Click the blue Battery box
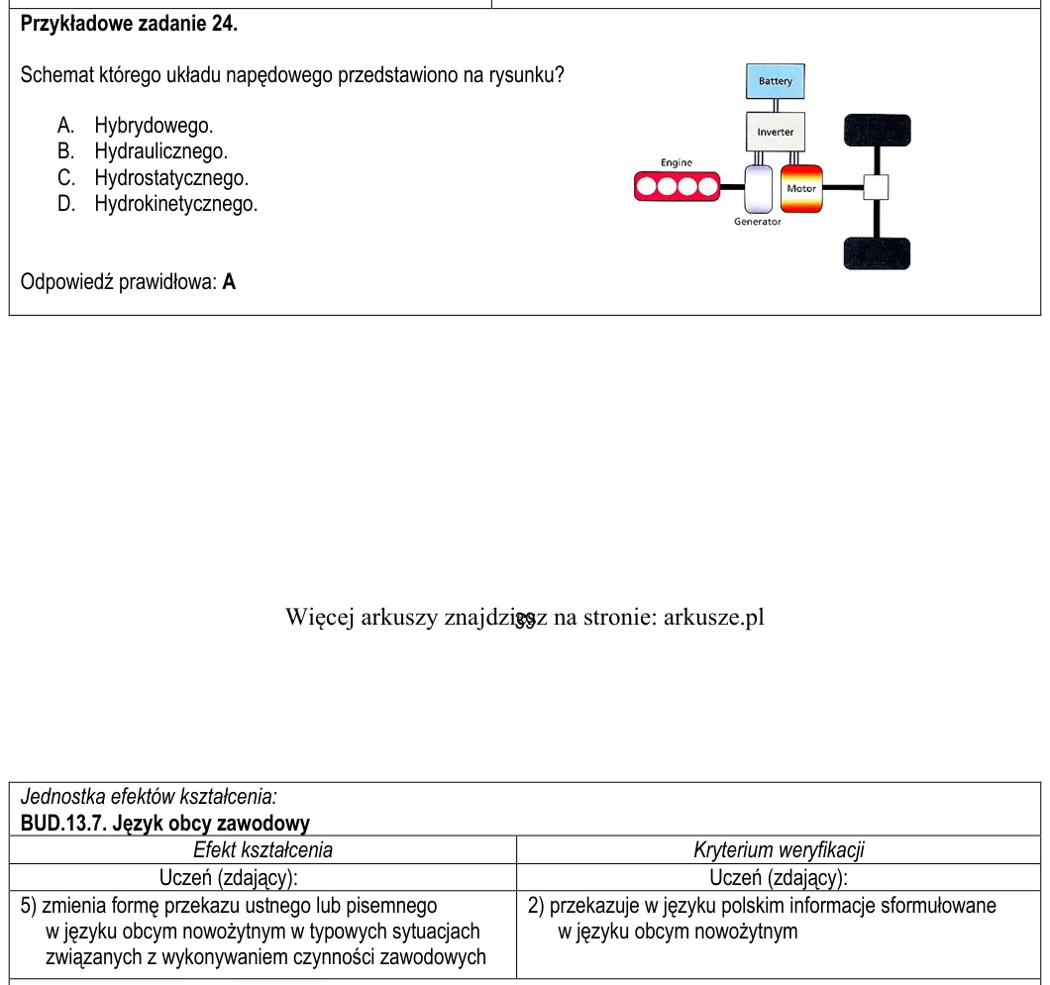(776, 81)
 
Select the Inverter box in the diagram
(776, 132)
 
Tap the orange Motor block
(801, 189)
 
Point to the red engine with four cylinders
(677, 187)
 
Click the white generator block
(759, 189)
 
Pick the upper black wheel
(878, 130)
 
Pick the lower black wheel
(878, 253)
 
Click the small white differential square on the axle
(876, 187)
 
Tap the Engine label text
(677, 162)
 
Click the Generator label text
(758, 222)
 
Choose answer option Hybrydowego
(154, 125)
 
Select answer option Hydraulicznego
(160, 151)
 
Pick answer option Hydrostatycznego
(171, 177)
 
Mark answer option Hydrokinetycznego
(176, 203)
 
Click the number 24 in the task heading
(223, 24)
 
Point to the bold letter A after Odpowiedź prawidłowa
(229, 282)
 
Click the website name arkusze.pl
(714, 617)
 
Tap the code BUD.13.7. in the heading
(63, 823)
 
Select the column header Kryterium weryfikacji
(779, 849)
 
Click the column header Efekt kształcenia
(263, 849)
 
